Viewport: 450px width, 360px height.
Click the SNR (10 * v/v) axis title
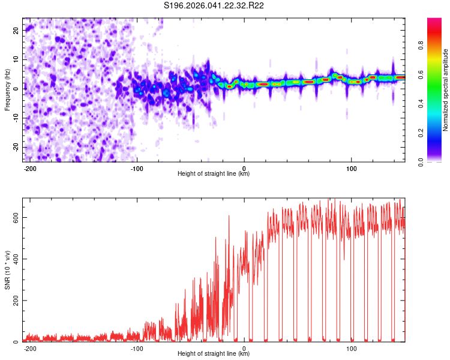tap(7, 270)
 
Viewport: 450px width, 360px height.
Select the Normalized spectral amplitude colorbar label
tap(446, 90)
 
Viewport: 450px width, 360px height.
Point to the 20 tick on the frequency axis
tap(16, 29)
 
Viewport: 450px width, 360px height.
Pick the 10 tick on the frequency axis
tap(16, 59)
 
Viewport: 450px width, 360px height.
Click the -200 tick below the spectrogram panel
tap(30, 167)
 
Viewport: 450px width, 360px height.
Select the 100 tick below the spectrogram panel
tap(352, 167)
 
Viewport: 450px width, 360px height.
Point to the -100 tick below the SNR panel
tap(137, 348)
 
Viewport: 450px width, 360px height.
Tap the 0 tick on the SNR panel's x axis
tap(244, 348)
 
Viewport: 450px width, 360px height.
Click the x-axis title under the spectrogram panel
tap(214, 174)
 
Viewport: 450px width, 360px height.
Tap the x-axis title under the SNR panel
tap(214, 354)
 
